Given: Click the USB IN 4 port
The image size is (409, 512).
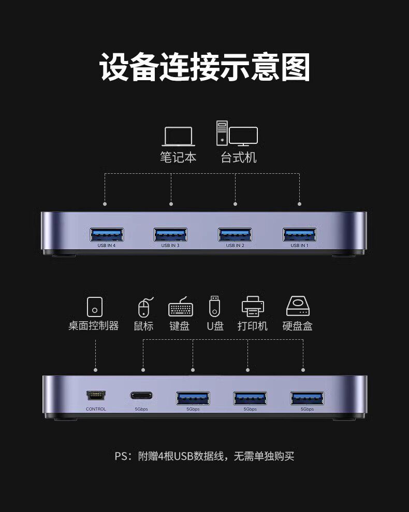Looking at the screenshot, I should pos(107,234).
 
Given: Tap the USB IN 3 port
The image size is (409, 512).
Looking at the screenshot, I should pos(171,234).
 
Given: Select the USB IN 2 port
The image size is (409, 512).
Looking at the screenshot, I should pos(235,234).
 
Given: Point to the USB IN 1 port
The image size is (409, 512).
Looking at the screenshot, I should pos(299,234).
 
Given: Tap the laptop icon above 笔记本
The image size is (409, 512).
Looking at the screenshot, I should pos(178,137).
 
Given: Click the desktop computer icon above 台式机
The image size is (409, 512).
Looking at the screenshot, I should pos(236,133).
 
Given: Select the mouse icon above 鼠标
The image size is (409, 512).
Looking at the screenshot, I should pos(144,307).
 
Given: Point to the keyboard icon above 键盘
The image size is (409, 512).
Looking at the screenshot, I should pos(181,308).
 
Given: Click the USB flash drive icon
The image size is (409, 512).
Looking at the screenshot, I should pos(214,306).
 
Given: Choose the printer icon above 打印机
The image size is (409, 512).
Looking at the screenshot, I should pos(253,306).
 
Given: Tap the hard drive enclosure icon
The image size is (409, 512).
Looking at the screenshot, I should pos(298,306).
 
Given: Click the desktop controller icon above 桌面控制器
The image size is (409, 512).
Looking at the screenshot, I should pos(94,306).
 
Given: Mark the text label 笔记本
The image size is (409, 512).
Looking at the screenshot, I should pos(178,157).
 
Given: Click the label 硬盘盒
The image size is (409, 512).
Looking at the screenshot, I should pos(298,326).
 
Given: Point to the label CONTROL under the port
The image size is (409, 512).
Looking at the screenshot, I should pos(96,409).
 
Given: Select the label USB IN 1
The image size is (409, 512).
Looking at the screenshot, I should pos(299,246).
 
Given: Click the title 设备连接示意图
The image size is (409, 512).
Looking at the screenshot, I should pos(204,67).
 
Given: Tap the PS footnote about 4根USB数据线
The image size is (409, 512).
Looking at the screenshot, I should pos(204,456).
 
